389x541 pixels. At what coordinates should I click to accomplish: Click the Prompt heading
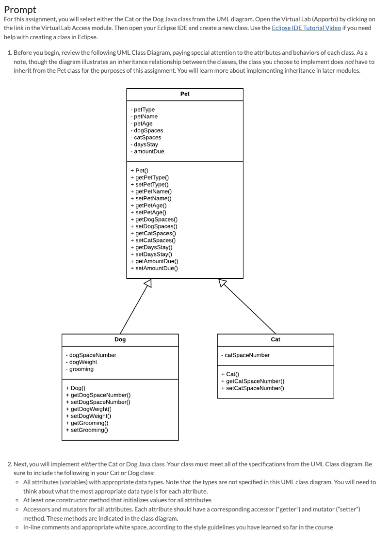tap(20, 9)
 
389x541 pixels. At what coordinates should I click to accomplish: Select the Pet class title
tap(185, 94)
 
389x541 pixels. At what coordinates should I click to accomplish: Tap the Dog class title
tap(120, 339)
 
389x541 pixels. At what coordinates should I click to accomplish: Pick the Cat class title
tap(276, 339)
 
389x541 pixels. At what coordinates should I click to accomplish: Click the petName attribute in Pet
tap(144, 116)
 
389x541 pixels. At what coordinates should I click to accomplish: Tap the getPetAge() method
tap(149, 206)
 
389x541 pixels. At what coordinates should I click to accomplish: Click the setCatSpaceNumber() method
tap(252, 388)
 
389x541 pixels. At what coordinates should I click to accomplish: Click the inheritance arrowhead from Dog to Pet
tap(148, 283)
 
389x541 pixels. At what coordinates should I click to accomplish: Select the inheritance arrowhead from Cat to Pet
tap(223, 283)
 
